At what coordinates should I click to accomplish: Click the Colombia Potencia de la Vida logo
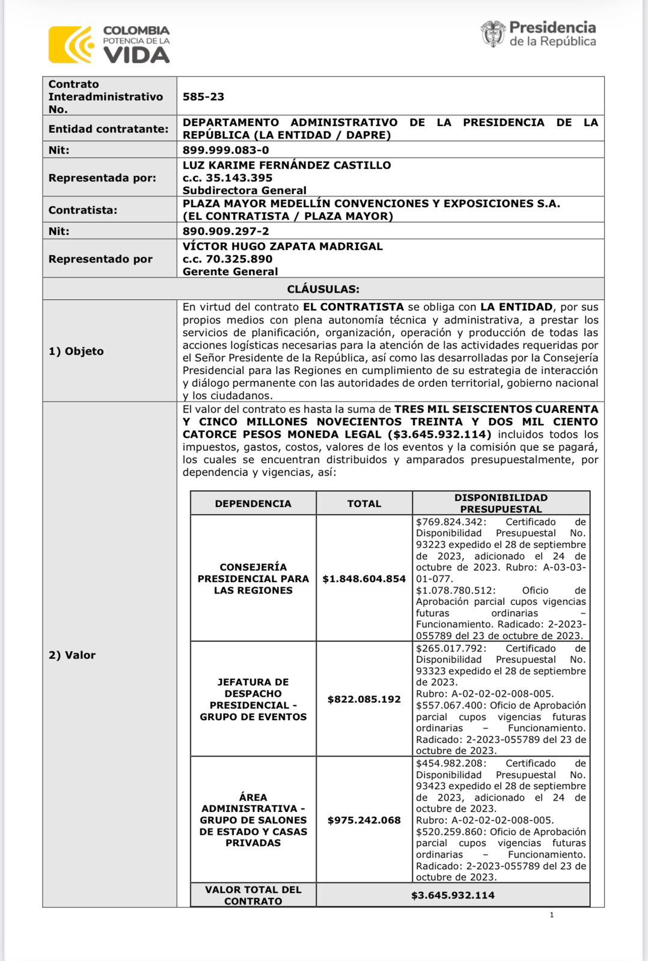[109, 44]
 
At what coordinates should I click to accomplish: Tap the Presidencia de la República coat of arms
[493, 34]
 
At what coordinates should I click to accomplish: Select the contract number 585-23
[203, 97]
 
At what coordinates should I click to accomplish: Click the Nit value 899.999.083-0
[225, 150]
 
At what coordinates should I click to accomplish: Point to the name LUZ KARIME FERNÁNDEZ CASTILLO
[287, 165]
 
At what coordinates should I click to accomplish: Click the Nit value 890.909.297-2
[225, 231]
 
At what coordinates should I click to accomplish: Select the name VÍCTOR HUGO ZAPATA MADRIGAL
[283, 246]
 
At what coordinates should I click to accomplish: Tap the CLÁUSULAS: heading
[323, 289]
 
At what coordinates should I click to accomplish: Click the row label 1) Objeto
[76, 351]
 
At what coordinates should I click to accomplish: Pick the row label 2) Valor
[72, 655]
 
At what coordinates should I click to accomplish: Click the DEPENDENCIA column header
[253, 503]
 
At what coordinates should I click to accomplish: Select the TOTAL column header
[364, 503]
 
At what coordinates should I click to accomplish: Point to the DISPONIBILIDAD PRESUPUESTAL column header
[501, 503]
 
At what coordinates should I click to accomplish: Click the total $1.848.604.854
[364, 579]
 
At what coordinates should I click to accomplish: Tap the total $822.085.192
[364, 699]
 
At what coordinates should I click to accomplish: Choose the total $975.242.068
[364, 820]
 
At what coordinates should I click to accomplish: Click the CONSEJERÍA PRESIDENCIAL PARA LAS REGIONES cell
[253, 578]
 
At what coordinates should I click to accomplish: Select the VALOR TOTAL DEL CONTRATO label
[253, 895]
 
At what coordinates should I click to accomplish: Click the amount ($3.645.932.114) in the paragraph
[439, 434]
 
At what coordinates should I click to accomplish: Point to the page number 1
[551, 915]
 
